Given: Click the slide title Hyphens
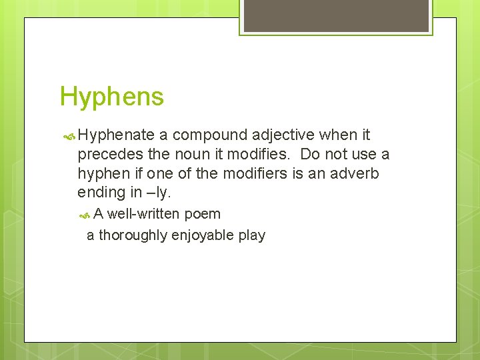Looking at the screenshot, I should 111,97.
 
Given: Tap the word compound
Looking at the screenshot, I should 209,136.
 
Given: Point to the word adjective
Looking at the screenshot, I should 283,136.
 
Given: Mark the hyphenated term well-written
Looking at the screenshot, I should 143,215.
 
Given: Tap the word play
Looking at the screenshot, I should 251,235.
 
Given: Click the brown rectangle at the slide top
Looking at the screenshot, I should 336,15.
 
